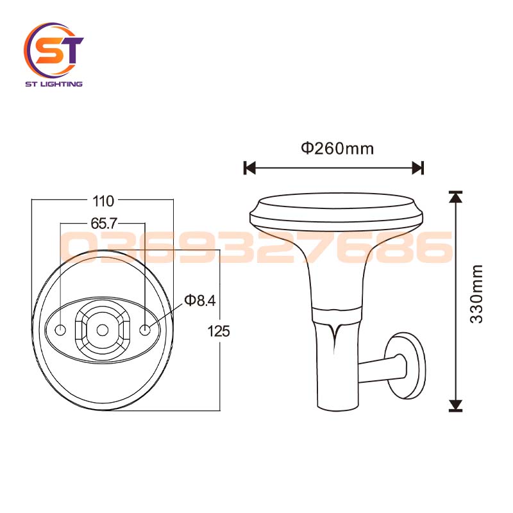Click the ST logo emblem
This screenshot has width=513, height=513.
(x=54, y=50)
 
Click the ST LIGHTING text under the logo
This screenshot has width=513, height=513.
(x=53, y=84)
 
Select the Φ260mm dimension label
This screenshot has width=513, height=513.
(x=337, y=149)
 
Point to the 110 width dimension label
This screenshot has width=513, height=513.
(x=103, y=201)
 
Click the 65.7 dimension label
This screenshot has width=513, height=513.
(x=103, y=224)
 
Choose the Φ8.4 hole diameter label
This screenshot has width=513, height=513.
(x=199, y=300)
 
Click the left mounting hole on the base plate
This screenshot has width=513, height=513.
(x=60, y=330)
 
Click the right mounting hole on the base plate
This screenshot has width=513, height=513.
(x=146, y=330)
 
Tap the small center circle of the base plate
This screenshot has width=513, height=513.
(x=103, y=330)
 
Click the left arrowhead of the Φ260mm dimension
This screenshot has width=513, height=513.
(x=249, y=168)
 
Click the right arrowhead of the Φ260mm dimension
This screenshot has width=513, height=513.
(x=418, y=168)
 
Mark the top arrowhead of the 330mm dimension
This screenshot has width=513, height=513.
(x=455, y=197)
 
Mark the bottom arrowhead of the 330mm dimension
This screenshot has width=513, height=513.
(x=455, y=405)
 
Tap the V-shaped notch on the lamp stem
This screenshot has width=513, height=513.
(x=334, y=331)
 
